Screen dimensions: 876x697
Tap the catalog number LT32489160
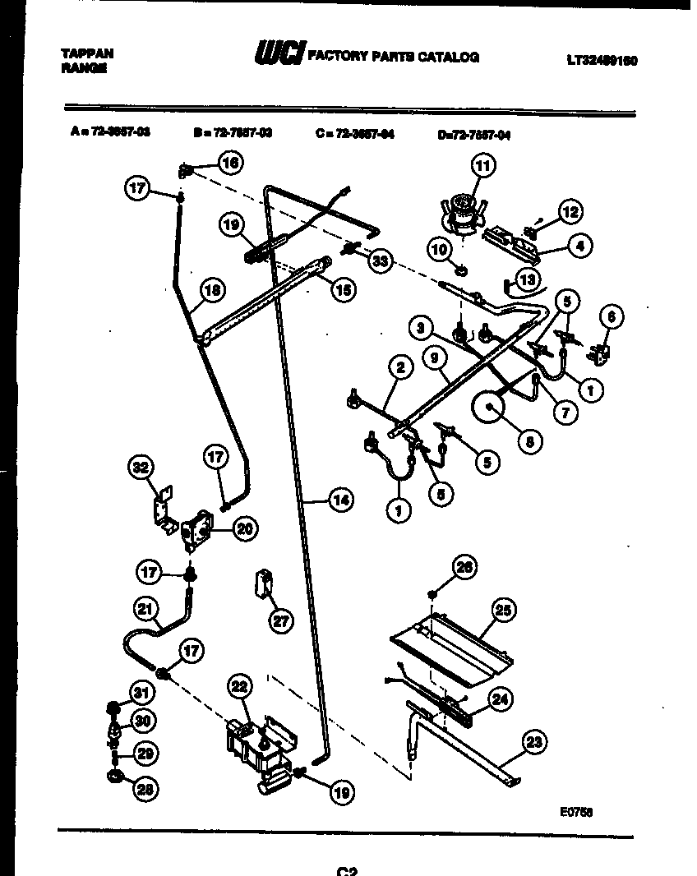(602, 60)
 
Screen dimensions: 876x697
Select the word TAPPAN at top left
(87, 53)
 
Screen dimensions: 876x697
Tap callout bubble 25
(503, 610)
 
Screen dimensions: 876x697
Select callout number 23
(534, 744)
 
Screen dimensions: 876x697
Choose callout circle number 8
(529, 440)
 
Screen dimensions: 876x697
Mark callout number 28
(145, 791)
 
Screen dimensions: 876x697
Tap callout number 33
(379, 261)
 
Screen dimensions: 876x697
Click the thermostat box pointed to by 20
(197, 528)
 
